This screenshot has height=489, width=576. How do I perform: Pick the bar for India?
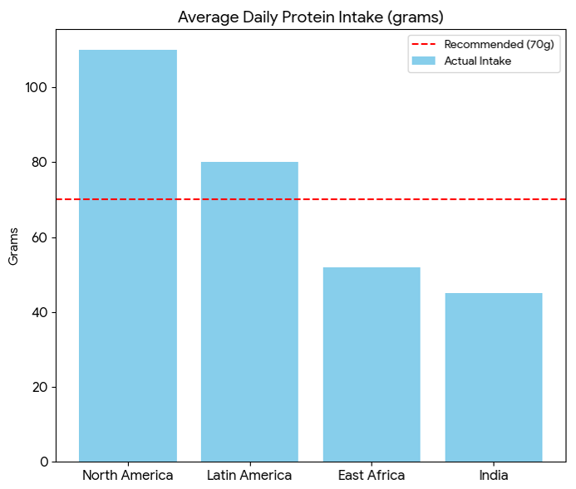(x=494, y=377)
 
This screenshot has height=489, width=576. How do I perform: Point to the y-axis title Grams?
(x=13, y=246)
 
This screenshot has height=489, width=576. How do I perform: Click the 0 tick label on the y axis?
(x=43, y=462)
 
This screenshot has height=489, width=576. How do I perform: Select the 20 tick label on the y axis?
(x=40, y=387)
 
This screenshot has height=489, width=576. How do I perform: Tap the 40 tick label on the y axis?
(x=40, y=312)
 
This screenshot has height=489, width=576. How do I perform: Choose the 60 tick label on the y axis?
(x=40, y=237)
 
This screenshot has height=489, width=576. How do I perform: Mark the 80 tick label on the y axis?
(x=40, y=163)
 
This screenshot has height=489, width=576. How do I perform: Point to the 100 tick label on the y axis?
(x=37, y=88)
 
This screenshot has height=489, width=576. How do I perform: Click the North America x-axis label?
(x=127, y=476)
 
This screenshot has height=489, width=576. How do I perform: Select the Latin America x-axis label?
(x=249, y=476)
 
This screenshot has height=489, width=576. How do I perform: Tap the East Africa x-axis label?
(x=372, y=476)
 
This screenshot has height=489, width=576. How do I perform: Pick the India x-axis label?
(x=494, y=476)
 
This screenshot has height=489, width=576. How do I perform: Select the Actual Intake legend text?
(x=478, y=61)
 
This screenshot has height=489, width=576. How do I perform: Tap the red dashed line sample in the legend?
(x=425, y=44)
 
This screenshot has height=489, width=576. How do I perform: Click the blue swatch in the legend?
(x=425, y=61)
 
